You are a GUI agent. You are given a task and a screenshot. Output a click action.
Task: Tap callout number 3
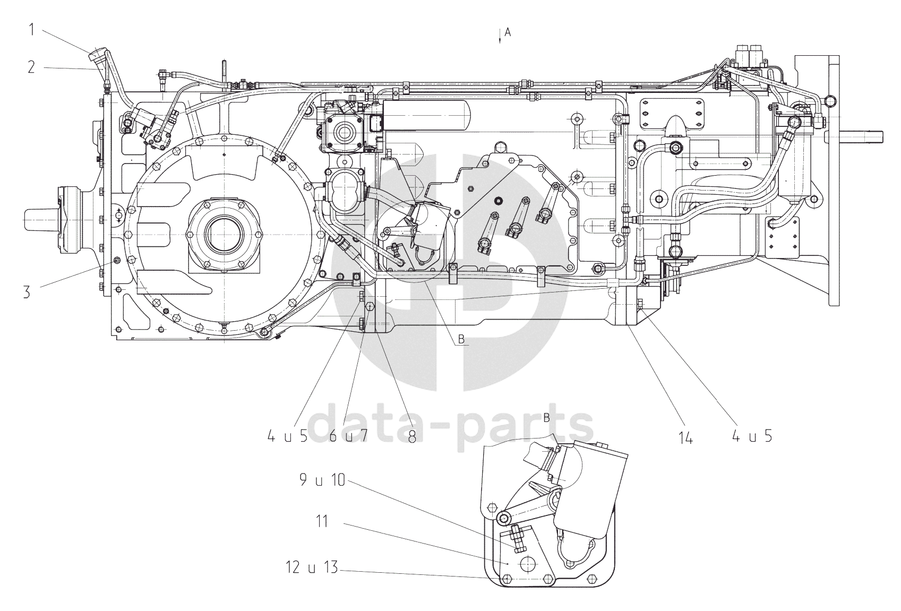27,292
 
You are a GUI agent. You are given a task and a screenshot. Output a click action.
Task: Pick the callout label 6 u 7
348,436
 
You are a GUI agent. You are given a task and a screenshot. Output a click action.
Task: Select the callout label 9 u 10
322,479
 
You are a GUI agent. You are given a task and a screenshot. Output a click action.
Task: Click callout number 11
322,521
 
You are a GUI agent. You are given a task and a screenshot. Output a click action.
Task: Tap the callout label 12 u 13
312,567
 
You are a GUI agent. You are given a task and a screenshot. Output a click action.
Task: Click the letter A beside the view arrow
508,32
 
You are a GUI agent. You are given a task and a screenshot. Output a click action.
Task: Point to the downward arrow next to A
500,36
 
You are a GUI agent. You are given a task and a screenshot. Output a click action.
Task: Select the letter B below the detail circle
461,339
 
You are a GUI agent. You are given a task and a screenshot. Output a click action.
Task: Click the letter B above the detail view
547,418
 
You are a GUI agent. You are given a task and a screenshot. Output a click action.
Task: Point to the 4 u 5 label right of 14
752,436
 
